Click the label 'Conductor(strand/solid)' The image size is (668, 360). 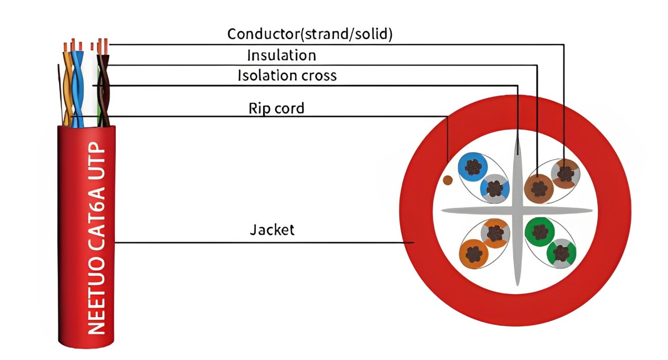(310, 34)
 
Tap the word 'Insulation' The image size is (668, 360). (281, 55)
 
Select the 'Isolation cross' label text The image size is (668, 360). (287, 76)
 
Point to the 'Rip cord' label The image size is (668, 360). (277, 108)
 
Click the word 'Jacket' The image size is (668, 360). (272, 230)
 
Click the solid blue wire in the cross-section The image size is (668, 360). (473, 167)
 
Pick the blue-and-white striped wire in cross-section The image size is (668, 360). (495, 188)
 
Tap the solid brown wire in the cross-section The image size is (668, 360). (539, 188)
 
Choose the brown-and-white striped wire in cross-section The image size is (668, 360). (565, 173)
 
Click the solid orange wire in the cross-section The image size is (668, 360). (474, 254)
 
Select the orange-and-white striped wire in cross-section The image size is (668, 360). (495, 233)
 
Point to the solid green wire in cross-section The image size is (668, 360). (540, 232)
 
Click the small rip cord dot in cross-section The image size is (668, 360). (447, 180)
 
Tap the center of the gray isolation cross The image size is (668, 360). (517, 211)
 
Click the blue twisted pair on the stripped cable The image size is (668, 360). (78, 87)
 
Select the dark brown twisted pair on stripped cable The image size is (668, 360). (103, 89)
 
